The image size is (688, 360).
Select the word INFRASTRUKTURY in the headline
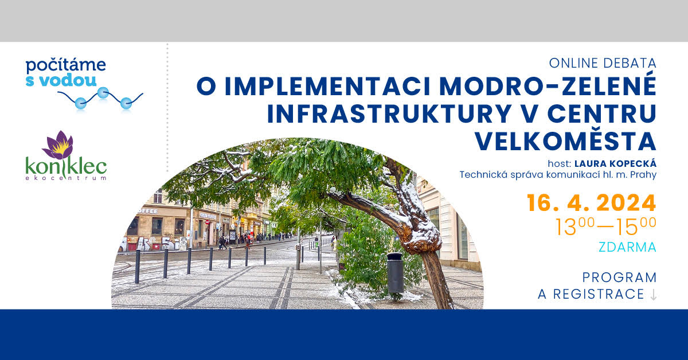pyautogui.click(x=389, y=114)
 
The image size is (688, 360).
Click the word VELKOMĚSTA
pyautogui.click(x=565, y=141)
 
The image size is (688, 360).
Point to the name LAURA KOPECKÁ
pyautogui.click(x=616, y=163)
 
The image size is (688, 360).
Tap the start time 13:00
pyautogui.click(x=575, y=226)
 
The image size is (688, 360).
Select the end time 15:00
pyautogui.click(x=636, y=226)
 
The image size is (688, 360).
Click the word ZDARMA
pyautogui.click(x=627, y=247)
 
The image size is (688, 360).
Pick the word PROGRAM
pyautogui.click(x=620, y=277)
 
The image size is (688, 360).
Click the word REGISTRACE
pyautogui.click(x=599, y=294)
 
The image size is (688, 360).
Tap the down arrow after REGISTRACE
pyautogui.click(x=653, y=295)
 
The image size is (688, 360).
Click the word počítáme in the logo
pyautogui.click(x=66, y=66)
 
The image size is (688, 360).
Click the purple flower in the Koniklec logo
pyautogui.click(x=59, y=144)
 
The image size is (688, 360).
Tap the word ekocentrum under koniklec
pyautogui.click(x=66, y=178)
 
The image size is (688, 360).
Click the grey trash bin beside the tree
pyautogui.click(x=395, y=273)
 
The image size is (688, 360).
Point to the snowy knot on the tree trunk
pyautogui.click(x=421, y=237)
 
